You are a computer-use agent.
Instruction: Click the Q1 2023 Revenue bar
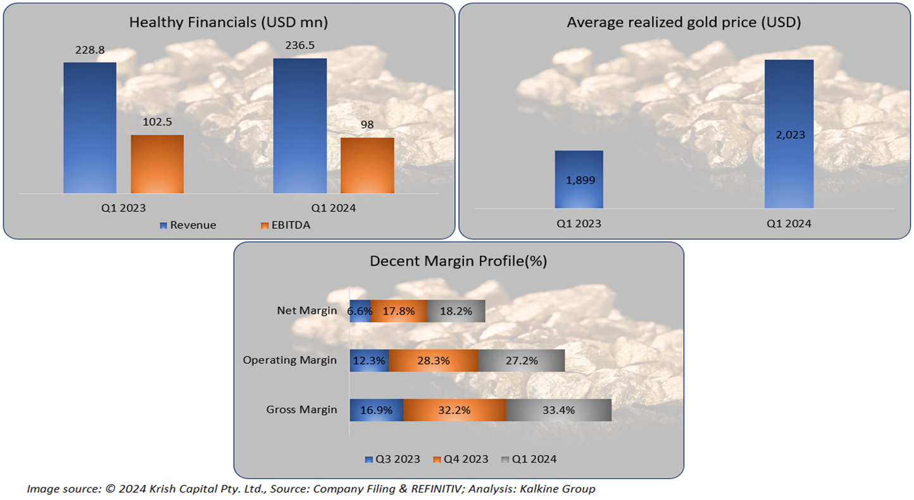coord(90,127)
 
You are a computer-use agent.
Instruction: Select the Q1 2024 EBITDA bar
coord(367,165)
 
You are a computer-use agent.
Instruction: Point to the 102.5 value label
coord(157,122)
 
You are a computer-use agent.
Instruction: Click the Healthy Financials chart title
coord(228,23)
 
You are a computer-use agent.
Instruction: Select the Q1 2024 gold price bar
coord(789,134)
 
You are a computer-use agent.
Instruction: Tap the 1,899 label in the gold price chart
coord(579,180)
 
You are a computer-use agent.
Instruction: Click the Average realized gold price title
coord(684,23)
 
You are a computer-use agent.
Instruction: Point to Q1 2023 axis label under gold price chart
coord(579,223)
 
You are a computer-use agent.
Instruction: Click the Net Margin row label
coord(307,311)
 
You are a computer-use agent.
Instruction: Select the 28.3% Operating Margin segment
coord(434,361)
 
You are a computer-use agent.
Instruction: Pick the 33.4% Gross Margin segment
coord(558,409)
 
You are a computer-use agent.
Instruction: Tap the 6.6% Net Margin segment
coord(360,311)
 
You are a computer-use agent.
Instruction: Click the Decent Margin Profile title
coord(459,261)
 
